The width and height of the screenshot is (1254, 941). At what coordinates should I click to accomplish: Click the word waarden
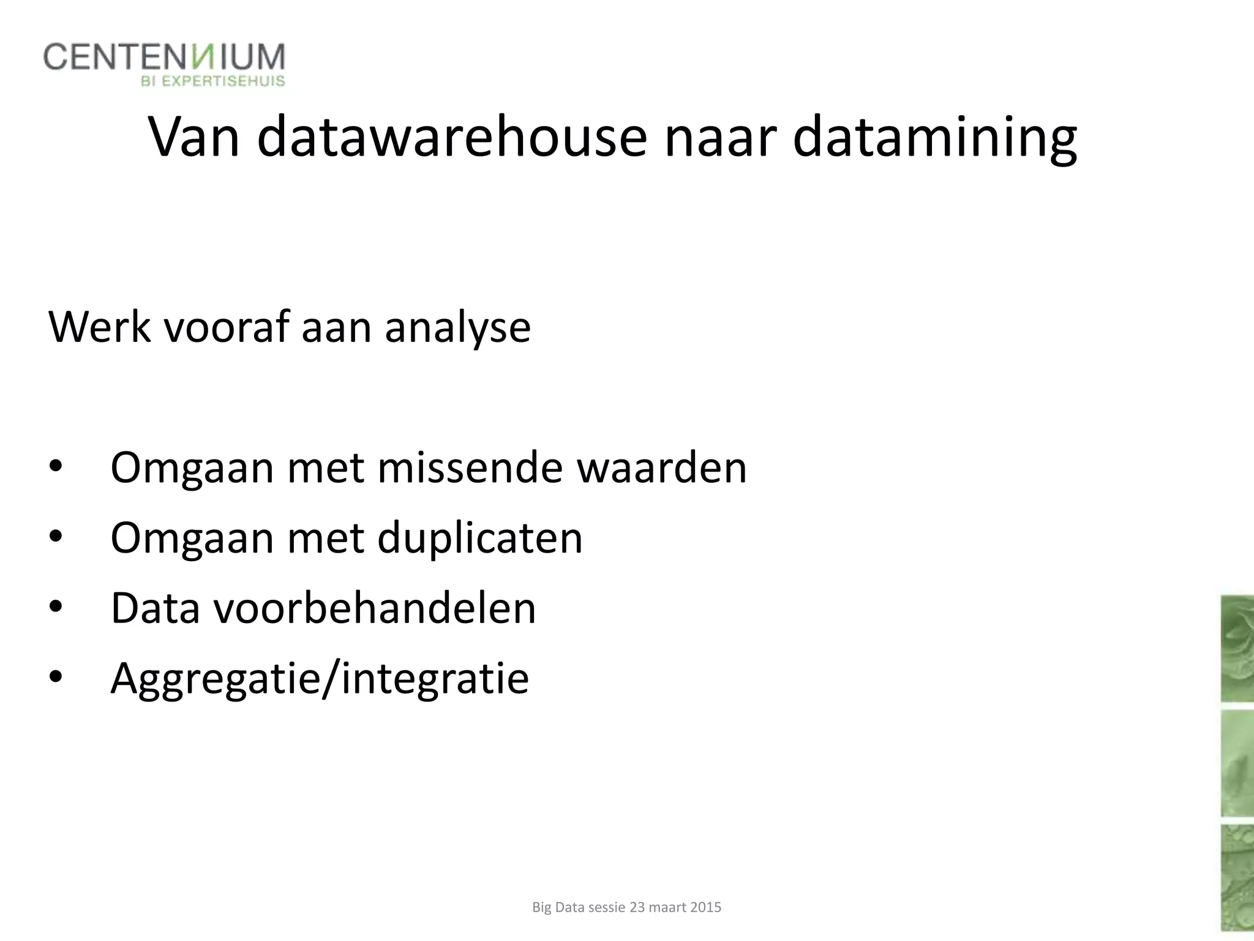(x=662, y=468)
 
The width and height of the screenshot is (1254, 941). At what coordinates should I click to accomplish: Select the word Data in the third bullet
(x=156, y=608)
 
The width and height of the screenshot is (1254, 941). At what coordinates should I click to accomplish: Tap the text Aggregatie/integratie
(x=320, y=679)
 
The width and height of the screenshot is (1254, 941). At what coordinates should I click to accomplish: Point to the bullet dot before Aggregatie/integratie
(x=56, y=677)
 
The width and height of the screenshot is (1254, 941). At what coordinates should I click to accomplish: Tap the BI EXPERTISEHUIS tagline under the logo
(x=213, y=81)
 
